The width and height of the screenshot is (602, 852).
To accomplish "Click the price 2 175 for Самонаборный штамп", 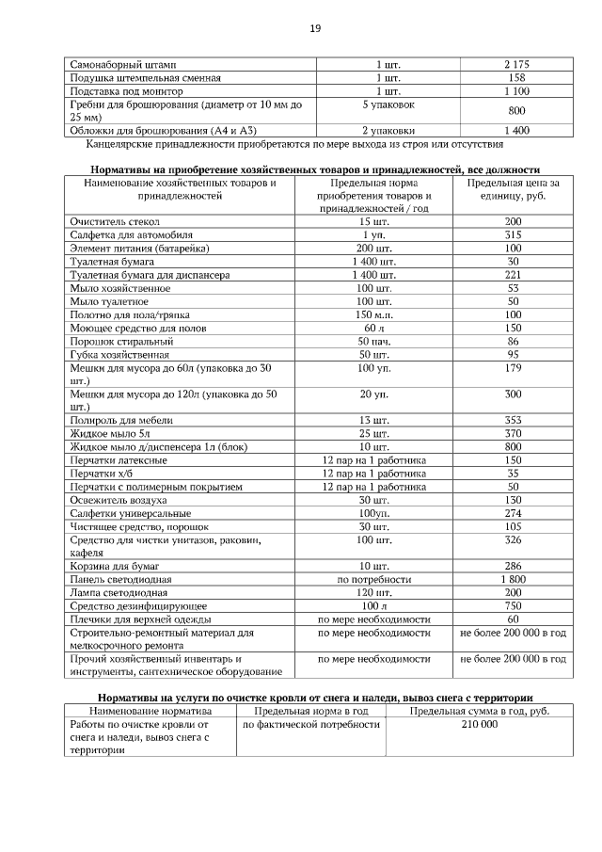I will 516,64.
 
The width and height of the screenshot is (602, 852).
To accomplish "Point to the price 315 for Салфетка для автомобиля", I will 513,234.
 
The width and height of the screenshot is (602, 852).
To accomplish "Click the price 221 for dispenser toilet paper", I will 513,274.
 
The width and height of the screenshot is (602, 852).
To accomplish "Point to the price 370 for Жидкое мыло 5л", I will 513,433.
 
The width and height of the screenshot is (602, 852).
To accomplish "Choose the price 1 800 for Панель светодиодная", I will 513,579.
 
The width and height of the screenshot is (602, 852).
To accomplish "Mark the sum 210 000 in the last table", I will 480,725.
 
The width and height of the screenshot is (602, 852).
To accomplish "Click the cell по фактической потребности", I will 311,725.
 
